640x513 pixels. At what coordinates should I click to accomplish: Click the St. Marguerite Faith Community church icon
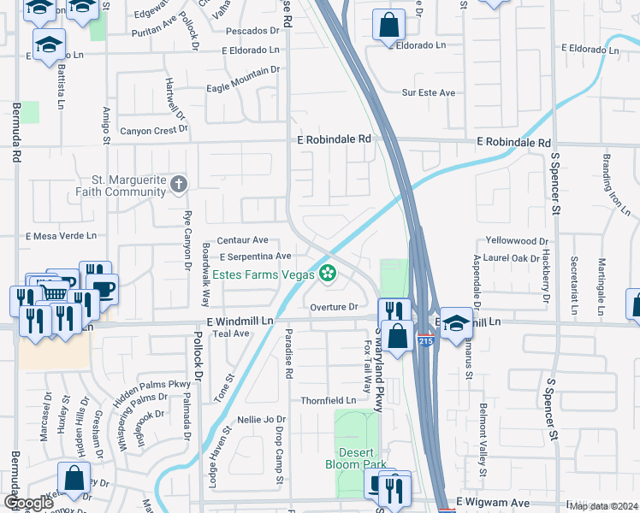178,184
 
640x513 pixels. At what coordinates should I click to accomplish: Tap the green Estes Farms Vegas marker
327,274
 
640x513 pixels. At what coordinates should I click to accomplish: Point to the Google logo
28,503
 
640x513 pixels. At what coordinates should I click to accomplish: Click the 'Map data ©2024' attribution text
602,506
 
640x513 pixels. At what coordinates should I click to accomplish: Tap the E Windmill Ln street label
240,320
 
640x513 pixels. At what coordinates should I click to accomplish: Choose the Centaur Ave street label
242,241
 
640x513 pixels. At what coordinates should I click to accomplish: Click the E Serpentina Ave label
254,256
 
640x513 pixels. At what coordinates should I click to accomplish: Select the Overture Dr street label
334,307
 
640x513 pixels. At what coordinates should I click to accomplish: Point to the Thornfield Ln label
328,400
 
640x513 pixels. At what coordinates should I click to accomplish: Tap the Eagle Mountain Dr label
244,88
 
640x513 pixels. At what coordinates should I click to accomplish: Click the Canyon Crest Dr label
153,130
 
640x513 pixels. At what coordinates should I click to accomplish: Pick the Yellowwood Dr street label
516,242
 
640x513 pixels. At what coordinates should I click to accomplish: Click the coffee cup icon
103,287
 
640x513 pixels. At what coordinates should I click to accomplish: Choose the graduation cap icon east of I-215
456,322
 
